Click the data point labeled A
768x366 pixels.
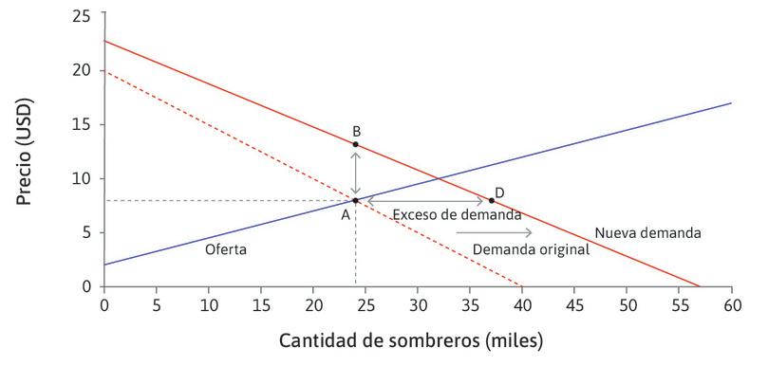pos(355,200)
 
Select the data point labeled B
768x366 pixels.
pos(355,144)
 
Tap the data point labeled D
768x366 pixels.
pos(491,200)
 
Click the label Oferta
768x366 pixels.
pos(226,249)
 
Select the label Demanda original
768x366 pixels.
pos(531,249)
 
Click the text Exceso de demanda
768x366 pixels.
pos(458,215)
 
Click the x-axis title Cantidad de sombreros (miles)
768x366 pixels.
pos(410,339)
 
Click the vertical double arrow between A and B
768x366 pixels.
pos(355,172)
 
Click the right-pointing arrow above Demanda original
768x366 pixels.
pos(494,232)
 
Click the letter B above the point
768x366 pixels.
pos(356,131)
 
